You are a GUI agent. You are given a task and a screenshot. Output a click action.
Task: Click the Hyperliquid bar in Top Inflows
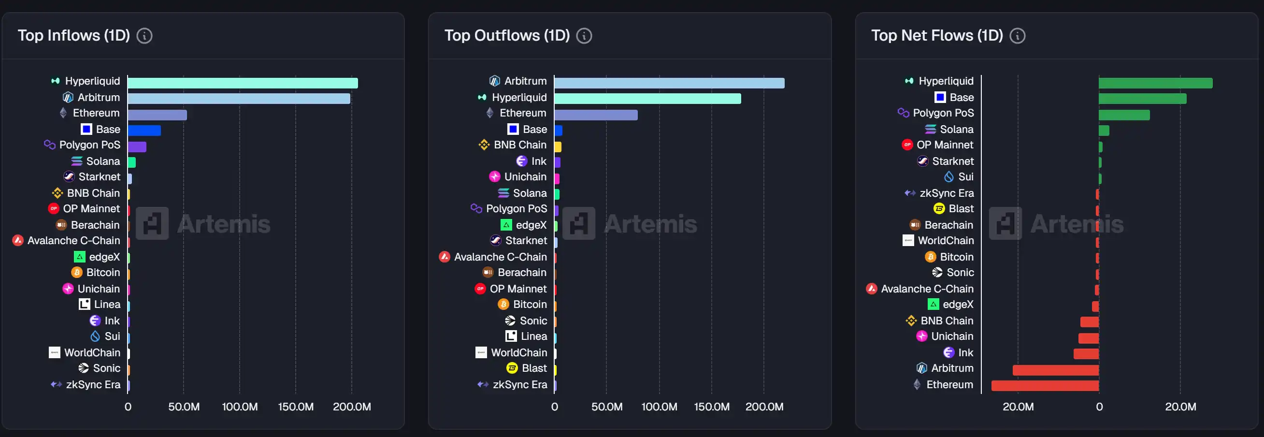[x=243, y=83]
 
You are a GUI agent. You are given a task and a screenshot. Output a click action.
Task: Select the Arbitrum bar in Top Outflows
[x=669, y=83]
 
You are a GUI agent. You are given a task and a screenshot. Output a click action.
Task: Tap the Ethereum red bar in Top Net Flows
[x=1045, y=385]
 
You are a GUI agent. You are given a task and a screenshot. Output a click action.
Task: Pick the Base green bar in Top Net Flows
[x=1142, y=99]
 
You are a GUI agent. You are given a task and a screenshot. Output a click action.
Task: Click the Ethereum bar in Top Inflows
[x=157, y=115]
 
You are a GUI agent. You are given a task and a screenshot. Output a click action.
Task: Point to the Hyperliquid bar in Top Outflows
[x=647, y=99]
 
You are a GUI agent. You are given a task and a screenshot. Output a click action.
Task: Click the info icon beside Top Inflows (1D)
[x=144, y=36]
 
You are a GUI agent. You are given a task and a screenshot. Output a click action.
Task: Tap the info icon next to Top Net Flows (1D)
[x=1017, y=36]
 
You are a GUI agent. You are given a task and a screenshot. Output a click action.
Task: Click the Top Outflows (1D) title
[x=507, y=35]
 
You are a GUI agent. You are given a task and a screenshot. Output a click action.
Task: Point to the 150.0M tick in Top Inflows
[x=295, y=407]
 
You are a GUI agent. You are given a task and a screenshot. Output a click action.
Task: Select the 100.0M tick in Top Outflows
[x=659, y=407]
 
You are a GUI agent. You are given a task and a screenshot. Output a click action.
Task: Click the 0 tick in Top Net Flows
[x=1099, y=407]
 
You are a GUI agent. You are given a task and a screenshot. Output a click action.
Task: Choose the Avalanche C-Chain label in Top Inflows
[x=73, y=241]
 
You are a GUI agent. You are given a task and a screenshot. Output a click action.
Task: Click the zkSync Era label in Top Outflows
[x=519, y=384]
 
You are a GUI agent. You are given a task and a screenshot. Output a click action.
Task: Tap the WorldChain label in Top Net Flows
[x=946, y=241]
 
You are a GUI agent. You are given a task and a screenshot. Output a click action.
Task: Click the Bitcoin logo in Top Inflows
[x=76, y=273]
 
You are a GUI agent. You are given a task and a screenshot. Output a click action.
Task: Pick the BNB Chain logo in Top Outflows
[x=484, y=145]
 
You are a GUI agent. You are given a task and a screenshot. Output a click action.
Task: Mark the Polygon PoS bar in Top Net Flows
[x=1124, y=115]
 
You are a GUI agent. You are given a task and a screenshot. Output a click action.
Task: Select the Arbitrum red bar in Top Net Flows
[x=1055, y=370]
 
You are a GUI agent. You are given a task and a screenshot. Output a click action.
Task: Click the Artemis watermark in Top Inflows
[x=203, y=224]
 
